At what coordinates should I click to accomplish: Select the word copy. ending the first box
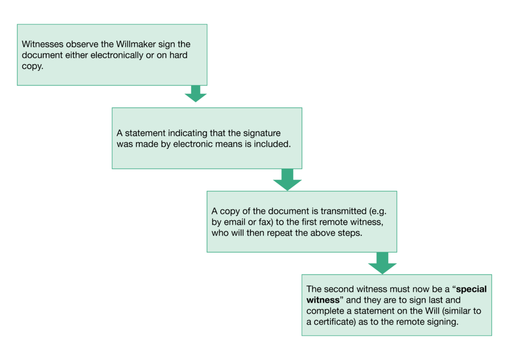tap(32, 66)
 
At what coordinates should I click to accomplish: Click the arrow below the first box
tap(196, 94)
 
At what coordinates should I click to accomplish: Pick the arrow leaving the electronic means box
tap(288, 180)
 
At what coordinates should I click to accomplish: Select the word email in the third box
tap(235, 222)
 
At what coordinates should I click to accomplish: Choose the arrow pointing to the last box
tap(382, 263)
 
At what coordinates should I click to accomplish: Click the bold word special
tap(471, 289)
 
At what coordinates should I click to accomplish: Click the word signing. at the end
tap(443, 322)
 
